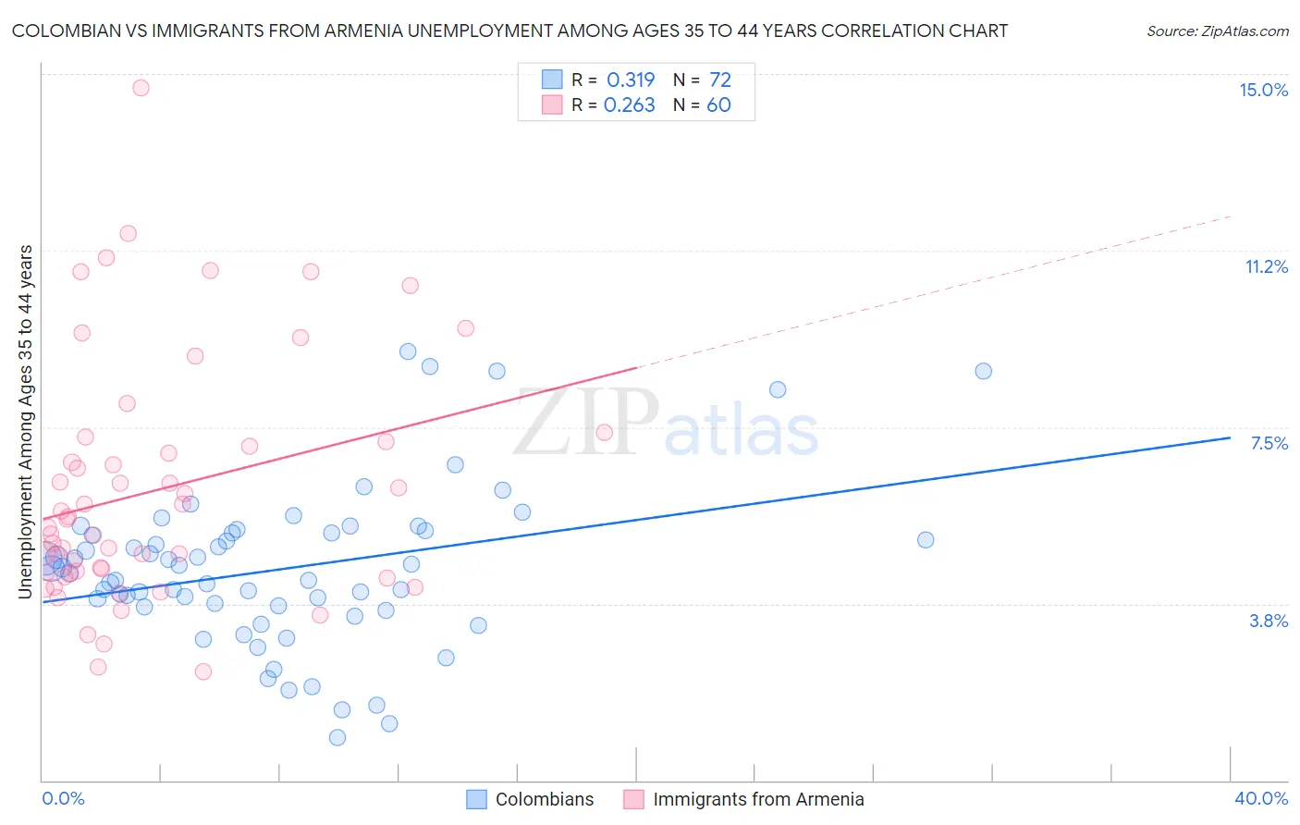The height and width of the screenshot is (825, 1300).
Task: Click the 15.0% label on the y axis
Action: [x=1263, y=90]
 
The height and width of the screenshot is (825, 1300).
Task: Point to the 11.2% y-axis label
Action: [x=1266, y=266]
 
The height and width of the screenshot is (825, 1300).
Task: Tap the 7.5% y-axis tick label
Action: [x=1269, y=443]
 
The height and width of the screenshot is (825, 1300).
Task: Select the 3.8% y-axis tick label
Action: [x=1269, y=621]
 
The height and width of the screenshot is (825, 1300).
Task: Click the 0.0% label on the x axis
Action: [x=63, y=798]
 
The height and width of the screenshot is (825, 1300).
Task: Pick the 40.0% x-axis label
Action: [x=1260, y=798]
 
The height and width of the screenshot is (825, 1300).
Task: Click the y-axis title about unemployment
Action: [x=26, y=422]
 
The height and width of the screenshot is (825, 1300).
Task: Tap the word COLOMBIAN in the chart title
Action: [x=67, y=31]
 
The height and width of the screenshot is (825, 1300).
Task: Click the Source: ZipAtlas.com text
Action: [x=1217, y=31]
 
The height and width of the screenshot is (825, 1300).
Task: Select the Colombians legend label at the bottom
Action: [x=545, y=799]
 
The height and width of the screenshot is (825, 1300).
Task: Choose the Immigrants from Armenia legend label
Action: [x=758, y=799]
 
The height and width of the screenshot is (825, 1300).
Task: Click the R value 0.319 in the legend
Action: [x=631, y=80]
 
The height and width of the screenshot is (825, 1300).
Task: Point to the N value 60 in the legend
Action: [x=718, y=105]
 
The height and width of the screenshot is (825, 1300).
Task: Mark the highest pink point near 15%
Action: [x=141, y=88]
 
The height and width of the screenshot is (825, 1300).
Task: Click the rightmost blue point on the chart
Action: [x=983, y=371]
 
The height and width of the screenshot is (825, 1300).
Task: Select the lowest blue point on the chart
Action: [x=337, y=737]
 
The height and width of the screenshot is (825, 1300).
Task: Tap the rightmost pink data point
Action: [x=604, y=432]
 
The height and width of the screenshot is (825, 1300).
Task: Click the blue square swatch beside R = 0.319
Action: [x=552, y=80]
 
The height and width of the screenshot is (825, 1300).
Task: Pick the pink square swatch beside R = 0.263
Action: [x=552, y=105]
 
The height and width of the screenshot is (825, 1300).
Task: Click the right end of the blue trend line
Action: [x=1230, y=437]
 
